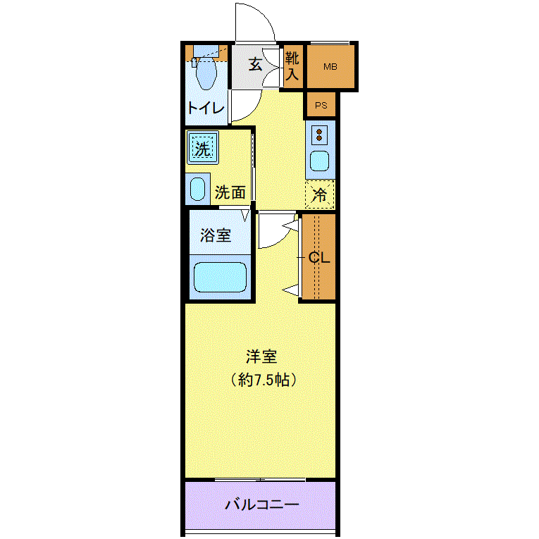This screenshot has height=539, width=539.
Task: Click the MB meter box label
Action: click(x=330, y=67)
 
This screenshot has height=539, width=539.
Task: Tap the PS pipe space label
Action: click(x=321, y=105)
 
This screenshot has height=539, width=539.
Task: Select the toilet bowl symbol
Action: click(x=206, y=73)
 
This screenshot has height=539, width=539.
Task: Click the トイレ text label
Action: click(x=206, y=109)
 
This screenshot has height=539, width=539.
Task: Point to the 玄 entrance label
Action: click(x=255, y=64)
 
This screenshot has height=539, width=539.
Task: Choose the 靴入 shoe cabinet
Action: click(x=293, y=66)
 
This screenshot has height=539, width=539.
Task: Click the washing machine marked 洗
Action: click(x=203, y=148)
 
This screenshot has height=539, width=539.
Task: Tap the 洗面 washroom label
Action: click(x=230, y=192)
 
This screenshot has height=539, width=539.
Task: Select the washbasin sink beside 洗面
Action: click(x=198, y=189)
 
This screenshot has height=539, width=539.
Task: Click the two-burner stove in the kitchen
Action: click(x=319, y=135)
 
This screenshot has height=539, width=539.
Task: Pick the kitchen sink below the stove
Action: click(x=319, y=161)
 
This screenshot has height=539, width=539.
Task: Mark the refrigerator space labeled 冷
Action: click(x=320, y=194)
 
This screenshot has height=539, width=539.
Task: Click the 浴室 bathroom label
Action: click(x=216, y=235)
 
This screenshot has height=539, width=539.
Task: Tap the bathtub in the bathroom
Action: click(x=220, y=277)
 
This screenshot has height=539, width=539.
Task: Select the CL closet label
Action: click(x=319, y=257)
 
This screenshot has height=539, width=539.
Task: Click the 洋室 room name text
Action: click(x=261, y=357)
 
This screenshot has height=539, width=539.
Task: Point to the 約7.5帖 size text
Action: click(x=264, y=380)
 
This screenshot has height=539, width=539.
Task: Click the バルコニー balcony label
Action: click(x=262, y=504)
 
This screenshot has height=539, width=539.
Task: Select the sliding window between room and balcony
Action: click(x=260, y=480)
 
